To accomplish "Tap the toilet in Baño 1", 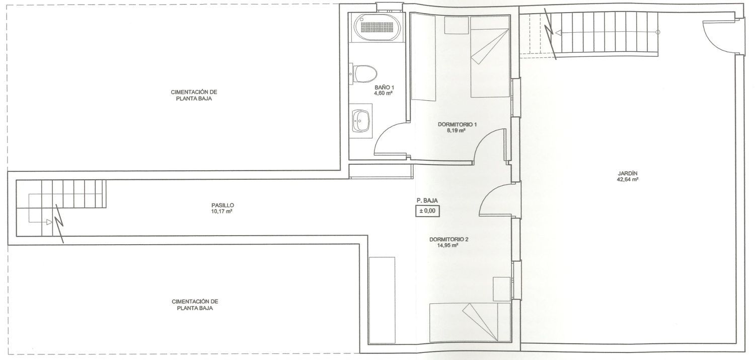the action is (x=363, y=74).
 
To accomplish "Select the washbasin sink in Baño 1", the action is (x=361, y=121).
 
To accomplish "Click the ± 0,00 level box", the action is (x=427, y=211).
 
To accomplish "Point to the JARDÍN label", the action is (x=627, y=174).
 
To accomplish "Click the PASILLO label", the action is (x=222, y=205).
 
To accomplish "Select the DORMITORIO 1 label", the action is (x=457, y=124).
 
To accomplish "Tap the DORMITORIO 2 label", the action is (x=448, y=240).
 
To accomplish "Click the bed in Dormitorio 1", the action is (x=490, y=57).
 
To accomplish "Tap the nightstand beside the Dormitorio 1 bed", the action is (x=457, y=25).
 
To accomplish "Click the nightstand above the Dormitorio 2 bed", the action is (x=501, y=289).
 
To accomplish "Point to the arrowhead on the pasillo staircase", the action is (x=49, y=222).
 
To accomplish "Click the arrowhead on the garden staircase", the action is (x=558, y=33).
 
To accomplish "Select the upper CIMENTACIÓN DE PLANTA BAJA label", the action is (x=194, y=95).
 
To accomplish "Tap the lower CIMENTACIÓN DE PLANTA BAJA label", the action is (x=195, y=305).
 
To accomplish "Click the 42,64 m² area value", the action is (x=628, y=180).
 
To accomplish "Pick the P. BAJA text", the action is (x=427, y=200).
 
